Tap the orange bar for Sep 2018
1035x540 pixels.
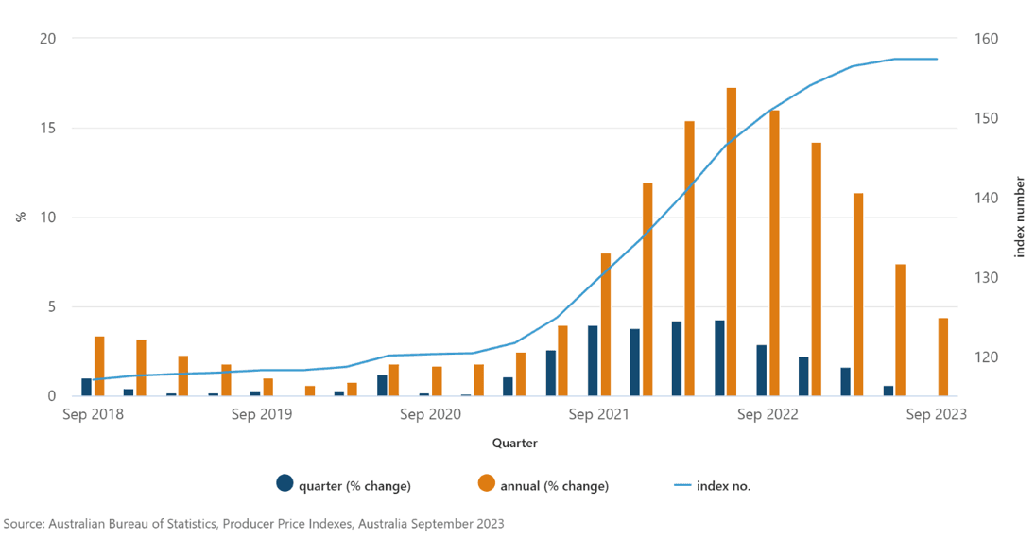click(x=99, y=366)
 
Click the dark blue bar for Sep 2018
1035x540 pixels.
click(x=86, y=387)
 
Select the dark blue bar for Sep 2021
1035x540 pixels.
click(x=593, y=360)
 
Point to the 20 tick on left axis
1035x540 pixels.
click(x=48, y=39)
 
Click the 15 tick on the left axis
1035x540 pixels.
click(x=48, y=128)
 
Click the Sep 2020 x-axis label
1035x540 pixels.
click(x=430, y=414)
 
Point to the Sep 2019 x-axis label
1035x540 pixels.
click(x=261, y=414)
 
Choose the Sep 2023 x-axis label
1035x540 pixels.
click(x=936, y=414)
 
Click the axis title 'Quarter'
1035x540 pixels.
click(x=514, y=443)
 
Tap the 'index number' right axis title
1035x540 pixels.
click(x=1019, y=217)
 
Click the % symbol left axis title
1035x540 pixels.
click(x=20, y=217)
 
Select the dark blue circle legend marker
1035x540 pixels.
click(x=285, y=483)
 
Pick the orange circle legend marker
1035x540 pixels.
click(x=486, y=483)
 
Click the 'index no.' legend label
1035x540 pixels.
click(x=723, y=486)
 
